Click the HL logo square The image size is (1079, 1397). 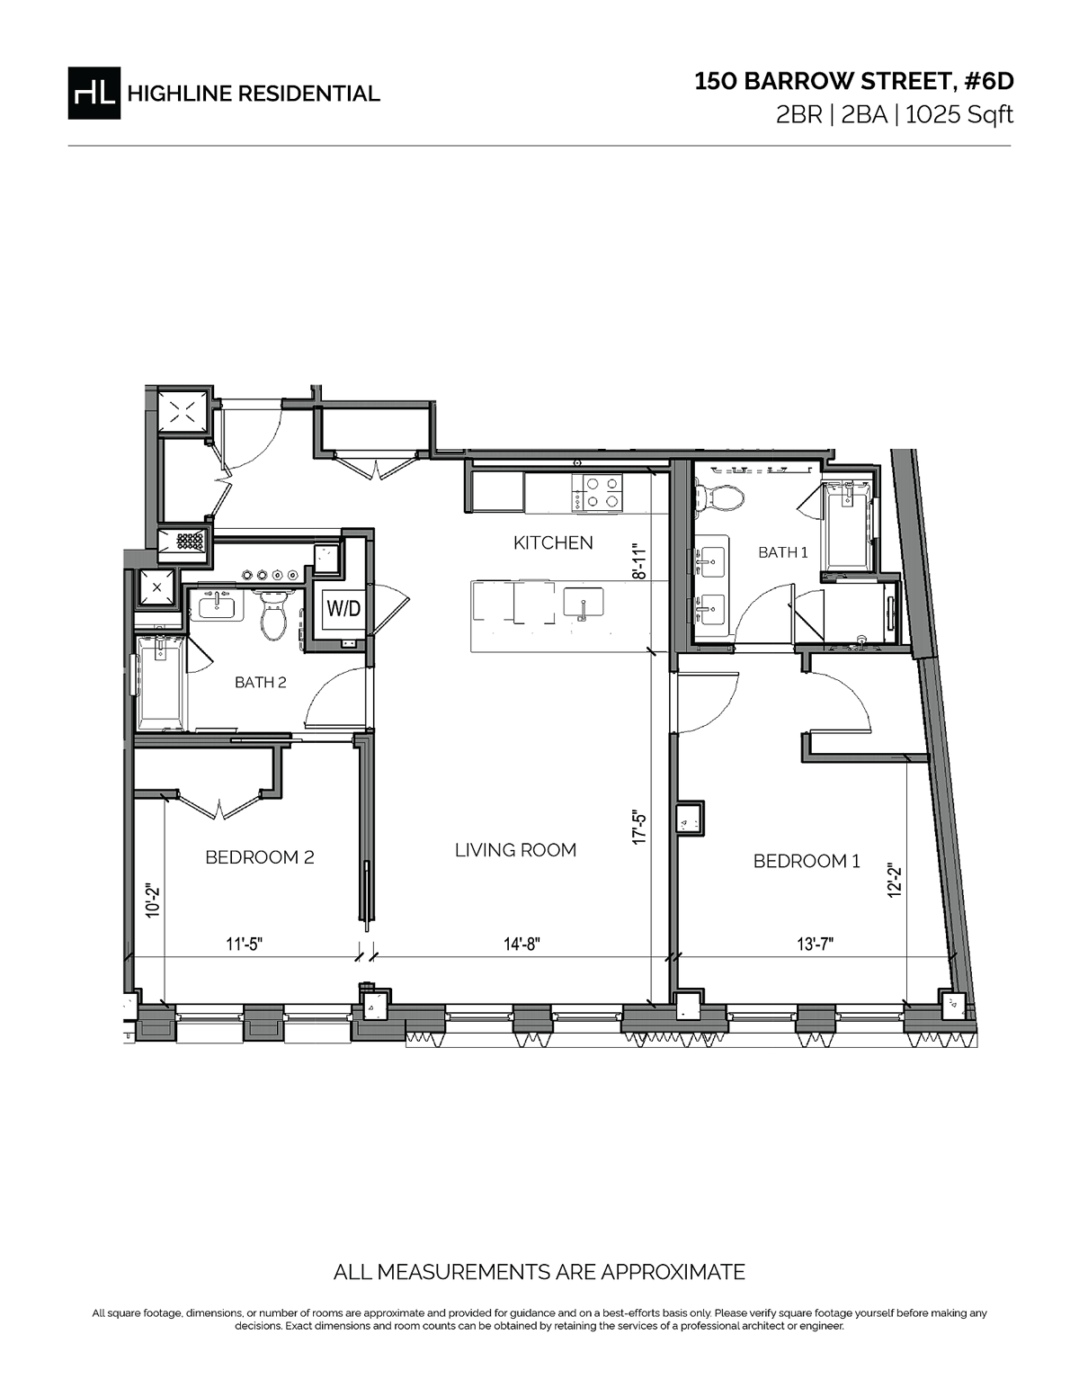94,93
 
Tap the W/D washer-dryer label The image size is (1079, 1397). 343,608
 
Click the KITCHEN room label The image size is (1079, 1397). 553,542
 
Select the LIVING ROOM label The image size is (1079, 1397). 515,850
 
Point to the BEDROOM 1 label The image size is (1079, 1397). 807,861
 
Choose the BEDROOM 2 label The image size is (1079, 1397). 259,857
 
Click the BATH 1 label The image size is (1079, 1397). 782,552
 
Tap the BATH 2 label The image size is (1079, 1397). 260,682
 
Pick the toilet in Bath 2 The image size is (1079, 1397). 272,616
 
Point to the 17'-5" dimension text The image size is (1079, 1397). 639,828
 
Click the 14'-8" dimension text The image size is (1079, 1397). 522,944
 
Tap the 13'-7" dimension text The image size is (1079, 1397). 815,944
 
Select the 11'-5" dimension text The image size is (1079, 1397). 244,944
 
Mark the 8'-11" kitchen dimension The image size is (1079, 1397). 639,561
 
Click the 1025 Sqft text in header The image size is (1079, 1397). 959,115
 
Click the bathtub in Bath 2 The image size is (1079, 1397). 162,682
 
